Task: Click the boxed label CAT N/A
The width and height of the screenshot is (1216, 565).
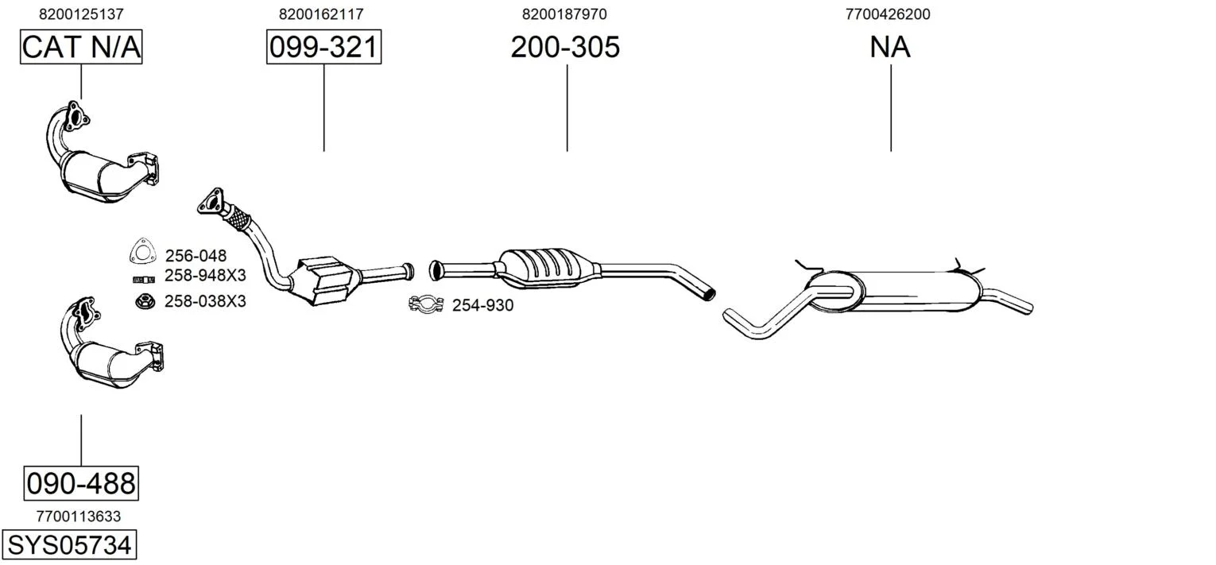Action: click(x=81, y=47)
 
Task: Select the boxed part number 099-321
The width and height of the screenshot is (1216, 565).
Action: click(x=323, y=47)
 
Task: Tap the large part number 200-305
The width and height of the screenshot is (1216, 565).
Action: click(x=565, y=47)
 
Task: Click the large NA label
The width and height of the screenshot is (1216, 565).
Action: click(x=890, y=47)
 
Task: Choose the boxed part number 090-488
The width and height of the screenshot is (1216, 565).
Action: click(x=81, y=483)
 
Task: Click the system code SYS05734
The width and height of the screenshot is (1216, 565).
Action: click(x=69, y=544)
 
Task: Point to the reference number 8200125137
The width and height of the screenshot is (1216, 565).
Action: click(x=81, y=14)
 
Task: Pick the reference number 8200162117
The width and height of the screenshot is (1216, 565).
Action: click(x=321, y=14)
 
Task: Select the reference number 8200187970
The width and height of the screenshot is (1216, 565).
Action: click(x=564, y=14)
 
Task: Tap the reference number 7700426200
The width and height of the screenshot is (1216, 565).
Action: click(x=888, y=14)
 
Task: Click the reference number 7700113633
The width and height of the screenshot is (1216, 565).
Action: click(x=79, y=517)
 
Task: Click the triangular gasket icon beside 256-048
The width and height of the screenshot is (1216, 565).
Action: click(x=141, y=251)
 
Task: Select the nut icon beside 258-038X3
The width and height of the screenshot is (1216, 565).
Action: click(x=145, y=300)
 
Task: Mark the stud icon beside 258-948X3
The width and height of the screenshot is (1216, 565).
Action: click(x=144, y=280)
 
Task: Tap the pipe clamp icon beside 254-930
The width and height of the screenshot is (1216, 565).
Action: click(x=426, y=304)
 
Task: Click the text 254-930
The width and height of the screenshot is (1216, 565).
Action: click(x=482, y=306)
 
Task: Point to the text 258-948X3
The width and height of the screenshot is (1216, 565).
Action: click(x=205, y=276)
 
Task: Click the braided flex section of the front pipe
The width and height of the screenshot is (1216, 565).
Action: click(x=237, y=219)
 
